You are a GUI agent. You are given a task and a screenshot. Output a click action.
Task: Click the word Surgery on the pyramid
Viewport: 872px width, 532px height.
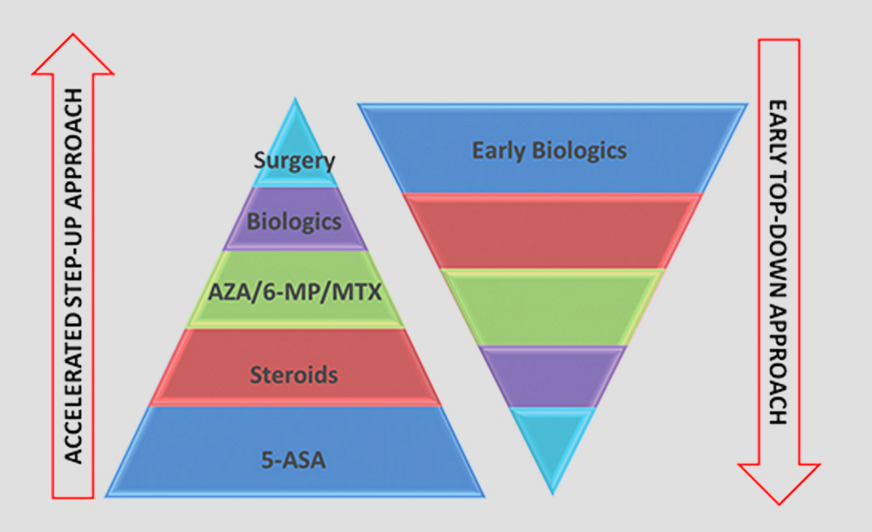pos(294,161)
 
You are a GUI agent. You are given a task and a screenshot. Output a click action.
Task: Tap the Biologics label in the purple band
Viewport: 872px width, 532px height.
pos(294,222)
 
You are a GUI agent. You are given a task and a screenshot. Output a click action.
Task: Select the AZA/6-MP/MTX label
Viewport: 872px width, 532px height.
pos(294,292)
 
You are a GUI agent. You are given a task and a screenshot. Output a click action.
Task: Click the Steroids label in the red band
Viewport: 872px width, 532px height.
pos(294,374)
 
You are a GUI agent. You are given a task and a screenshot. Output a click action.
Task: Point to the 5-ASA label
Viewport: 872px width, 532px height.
pos(294,461)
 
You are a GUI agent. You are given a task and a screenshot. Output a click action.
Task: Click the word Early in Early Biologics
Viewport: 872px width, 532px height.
pos(499,151)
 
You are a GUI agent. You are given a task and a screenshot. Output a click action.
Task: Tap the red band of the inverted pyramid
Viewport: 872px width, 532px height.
pos(552,231)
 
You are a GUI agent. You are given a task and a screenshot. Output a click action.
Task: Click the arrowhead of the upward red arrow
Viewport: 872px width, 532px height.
pos(73,56)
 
